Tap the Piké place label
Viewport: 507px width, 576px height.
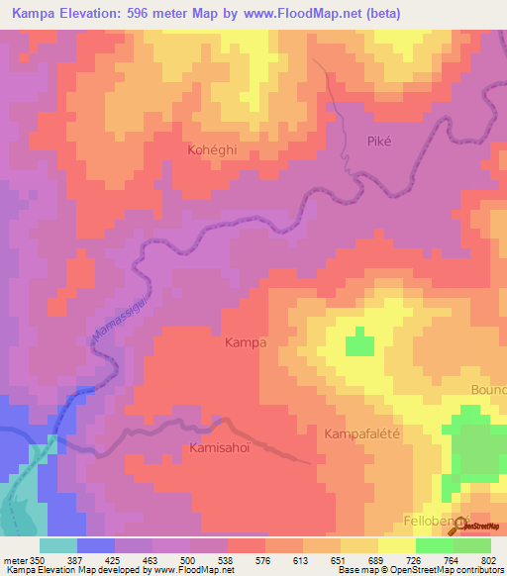point(380,141)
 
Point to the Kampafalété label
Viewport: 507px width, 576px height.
point(367,433)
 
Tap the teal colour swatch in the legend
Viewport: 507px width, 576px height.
point(58,545)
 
